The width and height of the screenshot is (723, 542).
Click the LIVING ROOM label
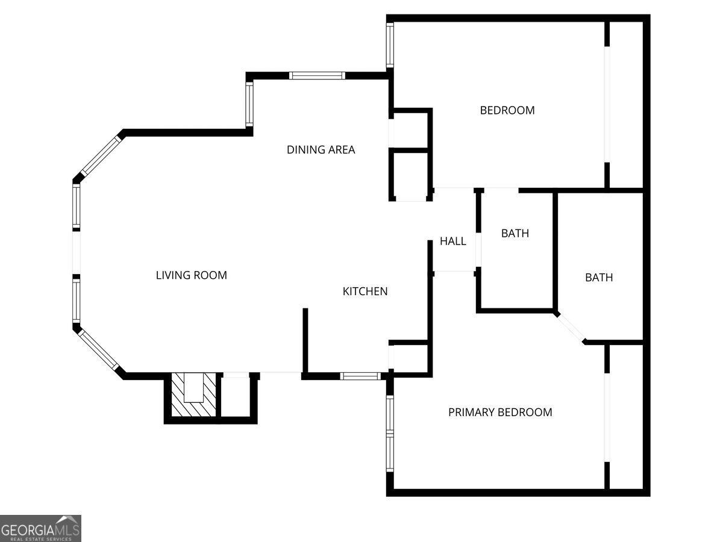point(192,275)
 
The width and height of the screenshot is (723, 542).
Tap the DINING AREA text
point(321,150)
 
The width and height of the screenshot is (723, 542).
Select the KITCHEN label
point(365,291)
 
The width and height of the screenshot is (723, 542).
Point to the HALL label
point(453,241)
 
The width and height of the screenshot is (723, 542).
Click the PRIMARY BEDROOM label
point(500,412)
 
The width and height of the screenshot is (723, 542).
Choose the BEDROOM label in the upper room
point(507,110)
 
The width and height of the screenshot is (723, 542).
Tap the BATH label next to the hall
point(515,233)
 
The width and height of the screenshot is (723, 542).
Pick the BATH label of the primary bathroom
point(599,278)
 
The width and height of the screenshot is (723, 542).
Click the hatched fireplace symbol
point(194,394)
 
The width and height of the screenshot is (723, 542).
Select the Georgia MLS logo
point(40,528)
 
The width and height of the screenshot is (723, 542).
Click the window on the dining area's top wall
point(317,76)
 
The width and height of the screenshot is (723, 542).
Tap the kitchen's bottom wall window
point(360,376)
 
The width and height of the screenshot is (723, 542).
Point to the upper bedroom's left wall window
point(390,45)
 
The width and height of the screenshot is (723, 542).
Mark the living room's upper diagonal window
point(102,157)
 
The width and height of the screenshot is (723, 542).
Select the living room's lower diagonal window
point(98,350)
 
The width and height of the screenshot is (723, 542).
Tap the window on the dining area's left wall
point(249,104)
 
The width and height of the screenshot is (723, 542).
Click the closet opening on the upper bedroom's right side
point(607,104)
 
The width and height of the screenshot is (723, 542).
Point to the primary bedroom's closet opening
point(607,417)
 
